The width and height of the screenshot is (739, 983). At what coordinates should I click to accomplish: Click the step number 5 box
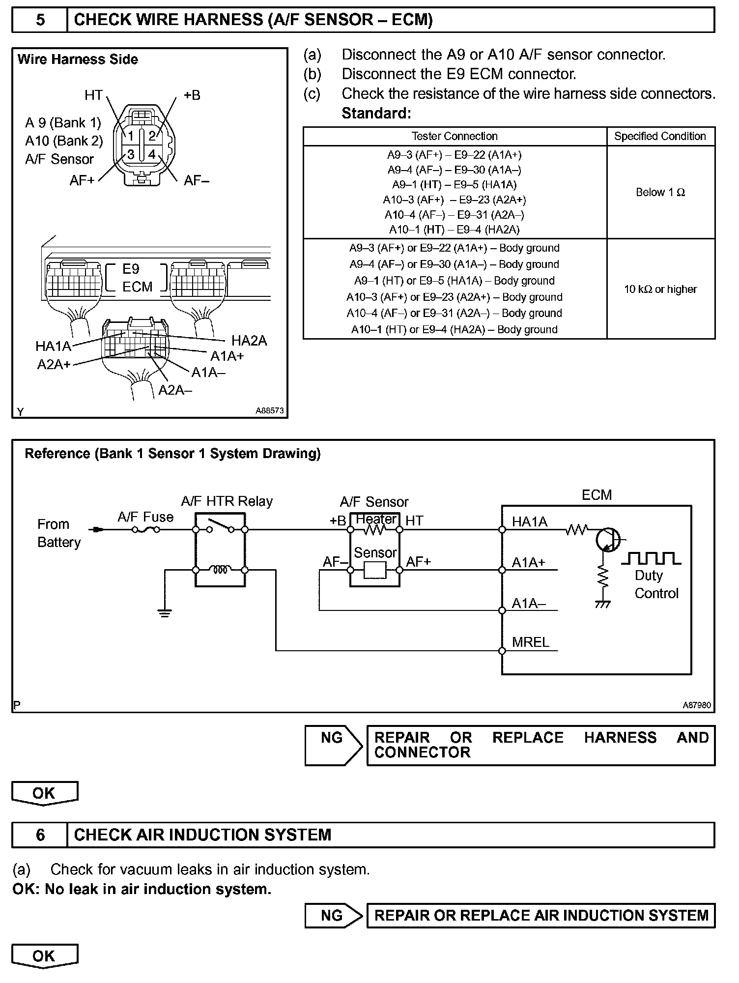coord(40,20)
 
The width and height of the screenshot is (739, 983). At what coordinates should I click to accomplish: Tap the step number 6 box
coord(40,835)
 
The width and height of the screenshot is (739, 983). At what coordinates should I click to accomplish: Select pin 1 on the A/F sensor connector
coord(130,136)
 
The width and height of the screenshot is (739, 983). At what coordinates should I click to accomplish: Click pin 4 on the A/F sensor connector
coord(152,155)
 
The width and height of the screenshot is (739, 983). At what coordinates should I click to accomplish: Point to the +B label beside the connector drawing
coord(192,95)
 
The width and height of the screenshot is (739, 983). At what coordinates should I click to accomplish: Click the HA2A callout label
coord(249,341)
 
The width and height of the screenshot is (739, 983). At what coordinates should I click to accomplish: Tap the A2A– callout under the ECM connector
coord(175,390)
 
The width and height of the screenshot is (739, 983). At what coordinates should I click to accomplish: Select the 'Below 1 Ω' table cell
coord(660,192)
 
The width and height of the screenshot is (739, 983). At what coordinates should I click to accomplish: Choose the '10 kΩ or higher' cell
coord(660,289)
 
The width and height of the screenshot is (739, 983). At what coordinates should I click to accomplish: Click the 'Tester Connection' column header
coord(455,136)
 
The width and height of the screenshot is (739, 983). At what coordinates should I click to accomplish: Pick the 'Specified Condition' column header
coord(660,136)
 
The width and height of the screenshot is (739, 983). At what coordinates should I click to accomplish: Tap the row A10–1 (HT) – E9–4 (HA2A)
coord(455,230)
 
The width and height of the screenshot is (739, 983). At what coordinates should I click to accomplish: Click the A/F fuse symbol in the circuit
coord(145,530)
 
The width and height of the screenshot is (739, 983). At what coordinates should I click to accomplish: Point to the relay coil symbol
coord(220,570)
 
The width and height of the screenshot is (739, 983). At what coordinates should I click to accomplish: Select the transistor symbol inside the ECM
coord(608,539)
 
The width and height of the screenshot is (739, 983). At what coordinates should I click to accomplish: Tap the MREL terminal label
coord(530,642)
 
